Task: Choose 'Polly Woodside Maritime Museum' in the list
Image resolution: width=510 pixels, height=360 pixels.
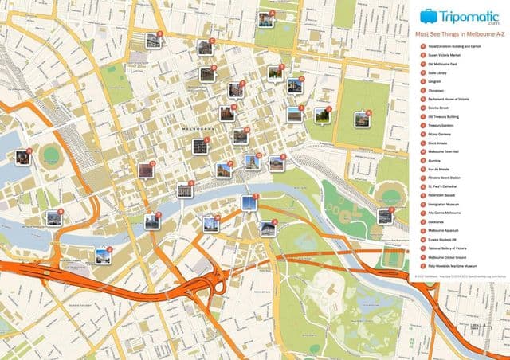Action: pyautogui.click(x=454, y=266)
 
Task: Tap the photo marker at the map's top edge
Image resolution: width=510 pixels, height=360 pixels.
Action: pyautogui.click(x=265, y=18)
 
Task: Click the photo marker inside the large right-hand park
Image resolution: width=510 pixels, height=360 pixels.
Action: pyautogui.click(x=363, y=119)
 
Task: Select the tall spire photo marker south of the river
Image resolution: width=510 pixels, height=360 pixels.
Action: pyautogui.click(x=249, y=202)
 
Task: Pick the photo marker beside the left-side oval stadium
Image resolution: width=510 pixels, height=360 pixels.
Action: pyautogui.click(x=23, y=157)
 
